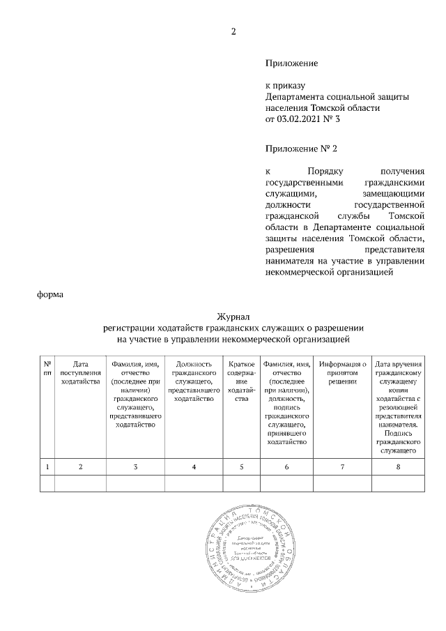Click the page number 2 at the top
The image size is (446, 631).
234,31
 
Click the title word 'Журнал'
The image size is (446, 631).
234,318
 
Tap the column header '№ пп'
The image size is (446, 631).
47,368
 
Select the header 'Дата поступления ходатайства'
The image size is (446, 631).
81,372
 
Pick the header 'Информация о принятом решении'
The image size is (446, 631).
343,372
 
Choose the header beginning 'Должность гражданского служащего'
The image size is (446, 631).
193,381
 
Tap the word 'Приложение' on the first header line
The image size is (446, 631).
292,63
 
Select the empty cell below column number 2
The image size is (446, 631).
81,483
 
